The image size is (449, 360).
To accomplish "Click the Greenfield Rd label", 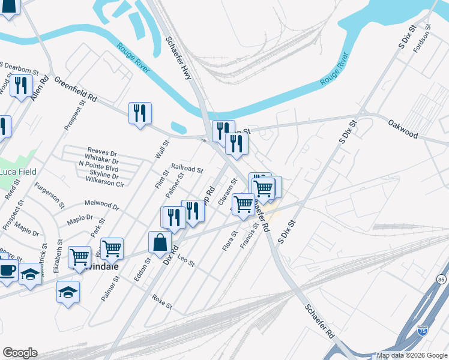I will coord(76,89).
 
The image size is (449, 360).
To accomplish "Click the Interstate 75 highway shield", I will coord(423,331).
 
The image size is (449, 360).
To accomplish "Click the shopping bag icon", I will coord(160,243).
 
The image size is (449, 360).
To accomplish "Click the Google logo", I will coord(20,353).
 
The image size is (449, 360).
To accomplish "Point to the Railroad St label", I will coord(187,170).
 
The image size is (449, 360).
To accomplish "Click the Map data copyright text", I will coord(412,355).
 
